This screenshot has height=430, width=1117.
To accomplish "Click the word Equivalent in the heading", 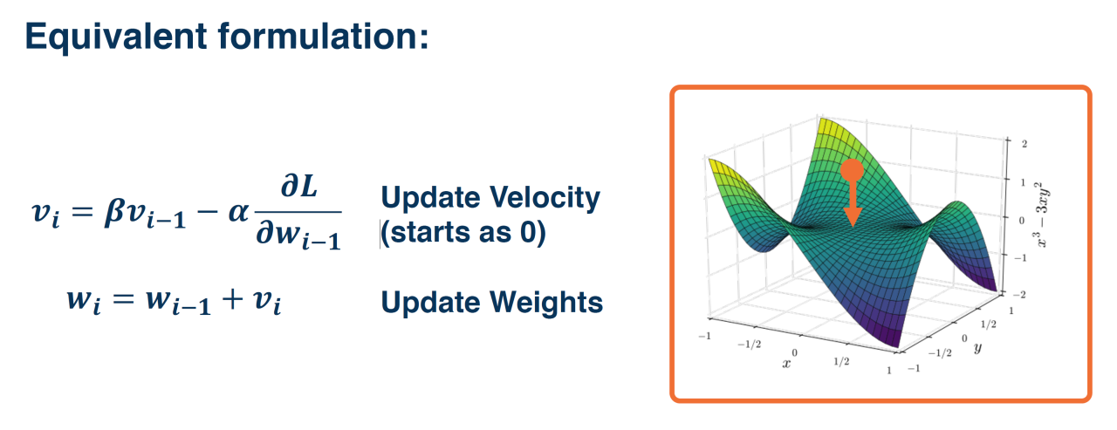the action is (116, 37).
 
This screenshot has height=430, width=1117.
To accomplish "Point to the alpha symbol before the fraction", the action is (238, 213).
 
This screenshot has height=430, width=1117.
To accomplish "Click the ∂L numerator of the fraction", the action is (299, 187).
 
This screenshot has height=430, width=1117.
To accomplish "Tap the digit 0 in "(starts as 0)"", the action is (528, 233).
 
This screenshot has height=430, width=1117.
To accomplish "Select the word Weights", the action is (546, 303).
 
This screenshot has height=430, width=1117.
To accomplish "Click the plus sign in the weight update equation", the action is (232, 299).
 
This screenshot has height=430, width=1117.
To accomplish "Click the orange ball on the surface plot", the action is (852, 171).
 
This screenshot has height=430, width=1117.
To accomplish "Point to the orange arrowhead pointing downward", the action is (853, 217).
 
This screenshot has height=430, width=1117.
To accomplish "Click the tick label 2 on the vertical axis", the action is (1024, 144).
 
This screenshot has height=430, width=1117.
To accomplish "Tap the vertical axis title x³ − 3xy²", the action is (1041, 215).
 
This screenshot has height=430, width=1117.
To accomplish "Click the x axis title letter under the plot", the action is (786, 364).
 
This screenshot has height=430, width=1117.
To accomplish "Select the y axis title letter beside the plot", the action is (977, 347).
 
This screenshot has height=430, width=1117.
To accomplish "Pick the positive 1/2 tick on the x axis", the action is (841, 361).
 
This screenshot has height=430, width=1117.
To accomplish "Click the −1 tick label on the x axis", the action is (704, 337).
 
